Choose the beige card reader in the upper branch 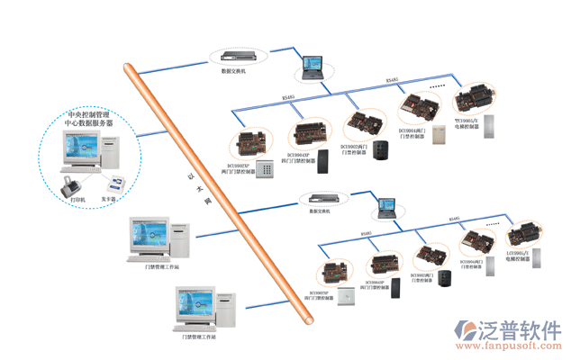coord(440,134)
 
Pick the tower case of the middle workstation coord(183,238)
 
